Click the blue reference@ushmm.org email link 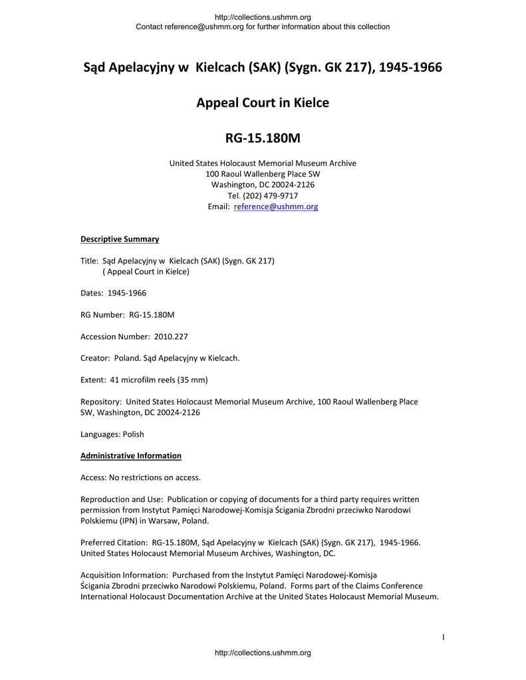(276, 207)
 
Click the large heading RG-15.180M (263, 138)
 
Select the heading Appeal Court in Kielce (263, 103)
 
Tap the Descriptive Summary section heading (120, 239)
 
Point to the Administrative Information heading (131, 456)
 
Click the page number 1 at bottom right (443, 638)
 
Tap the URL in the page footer (263, 653)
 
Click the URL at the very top (263, 17)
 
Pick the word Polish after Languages (132, 434)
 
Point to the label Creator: (95, 359)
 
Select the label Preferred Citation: (114, 543)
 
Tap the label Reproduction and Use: (122, 499)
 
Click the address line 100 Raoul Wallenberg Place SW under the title (263, 174)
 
